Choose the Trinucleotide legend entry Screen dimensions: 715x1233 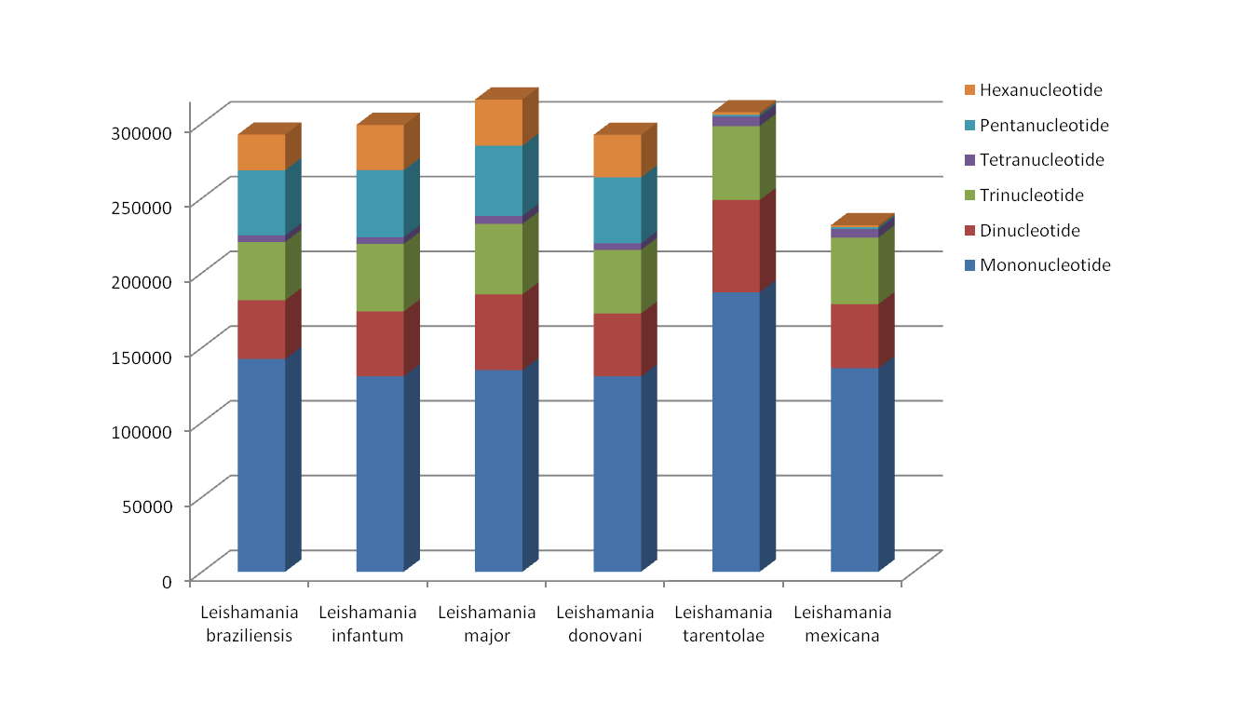click(1032, 196)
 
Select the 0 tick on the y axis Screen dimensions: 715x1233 click(168, 581)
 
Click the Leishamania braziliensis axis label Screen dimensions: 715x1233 click(249, 624)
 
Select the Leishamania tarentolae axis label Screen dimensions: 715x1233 click(723, 624)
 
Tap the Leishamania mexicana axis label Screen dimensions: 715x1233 click(842, 624)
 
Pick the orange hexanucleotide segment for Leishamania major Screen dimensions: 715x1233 click(498, 122)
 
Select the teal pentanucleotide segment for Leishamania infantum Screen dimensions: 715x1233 click(380, 203)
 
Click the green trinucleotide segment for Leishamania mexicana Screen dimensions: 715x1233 click(854, 270)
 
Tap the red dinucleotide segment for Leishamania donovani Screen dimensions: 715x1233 click(617, 344)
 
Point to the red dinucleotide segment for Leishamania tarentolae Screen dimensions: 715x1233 click(736, 246)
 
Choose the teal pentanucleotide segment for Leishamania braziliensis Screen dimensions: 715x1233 click(261, 202)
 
